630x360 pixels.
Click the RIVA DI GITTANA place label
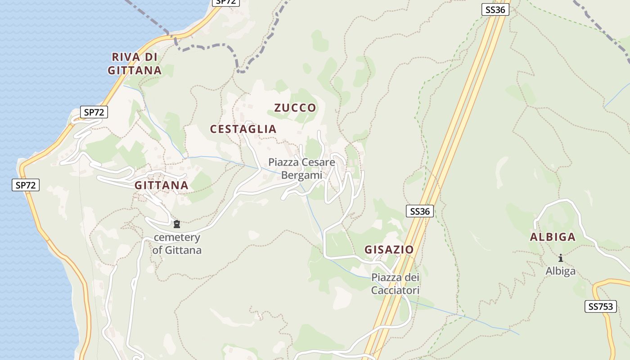(135, 63)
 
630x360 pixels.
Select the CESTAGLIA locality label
(243, 129)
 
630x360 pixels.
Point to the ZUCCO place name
(295, 108)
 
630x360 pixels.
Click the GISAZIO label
(389, 250)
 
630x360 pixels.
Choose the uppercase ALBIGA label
(553, 237)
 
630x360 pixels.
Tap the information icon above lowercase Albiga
(561, 258)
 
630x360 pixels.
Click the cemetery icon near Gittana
(177, 224)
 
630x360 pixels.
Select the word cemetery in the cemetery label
(177, 238)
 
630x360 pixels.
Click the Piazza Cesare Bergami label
(302, 168)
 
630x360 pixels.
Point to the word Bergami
(302, 175)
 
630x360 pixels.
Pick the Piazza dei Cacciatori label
(395, 284)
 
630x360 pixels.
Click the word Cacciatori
(395, 291)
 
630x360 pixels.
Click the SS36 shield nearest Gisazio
(420, 211)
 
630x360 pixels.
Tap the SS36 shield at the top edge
(495, 9)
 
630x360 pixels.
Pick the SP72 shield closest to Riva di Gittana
(94, 112)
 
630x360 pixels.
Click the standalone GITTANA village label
(161, 185)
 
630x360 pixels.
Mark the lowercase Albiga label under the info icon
(561, 271)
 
